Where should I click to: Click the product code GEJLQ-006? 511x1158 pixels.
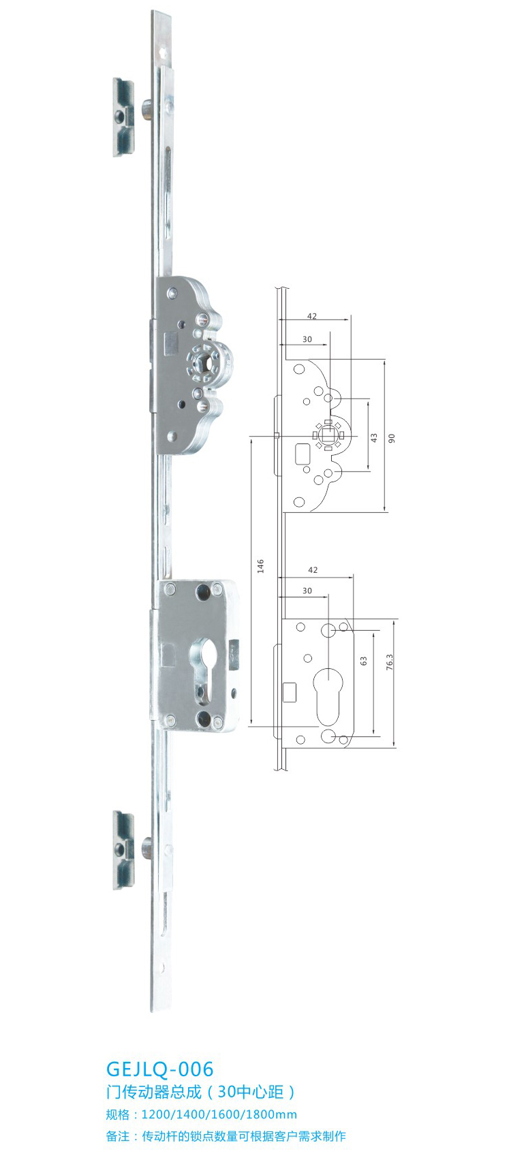click(159, 1069)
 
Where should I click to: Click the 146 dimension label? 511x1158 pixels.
click(261, 566)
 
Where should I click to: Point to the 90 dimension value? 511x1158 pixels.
click(392, 438)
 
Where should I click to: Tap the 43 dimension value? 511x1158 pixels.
click(374, 438)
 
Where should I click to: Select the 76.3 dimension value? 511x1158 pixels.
click(390, 661)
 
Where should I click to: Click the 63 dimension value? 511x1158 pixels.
click(364, 661)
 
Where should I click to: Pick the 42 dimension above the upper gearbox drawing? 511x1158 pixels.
click(312, 316)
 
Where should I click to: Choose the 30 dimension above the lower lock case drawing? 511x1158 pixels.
click(307, 591)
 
